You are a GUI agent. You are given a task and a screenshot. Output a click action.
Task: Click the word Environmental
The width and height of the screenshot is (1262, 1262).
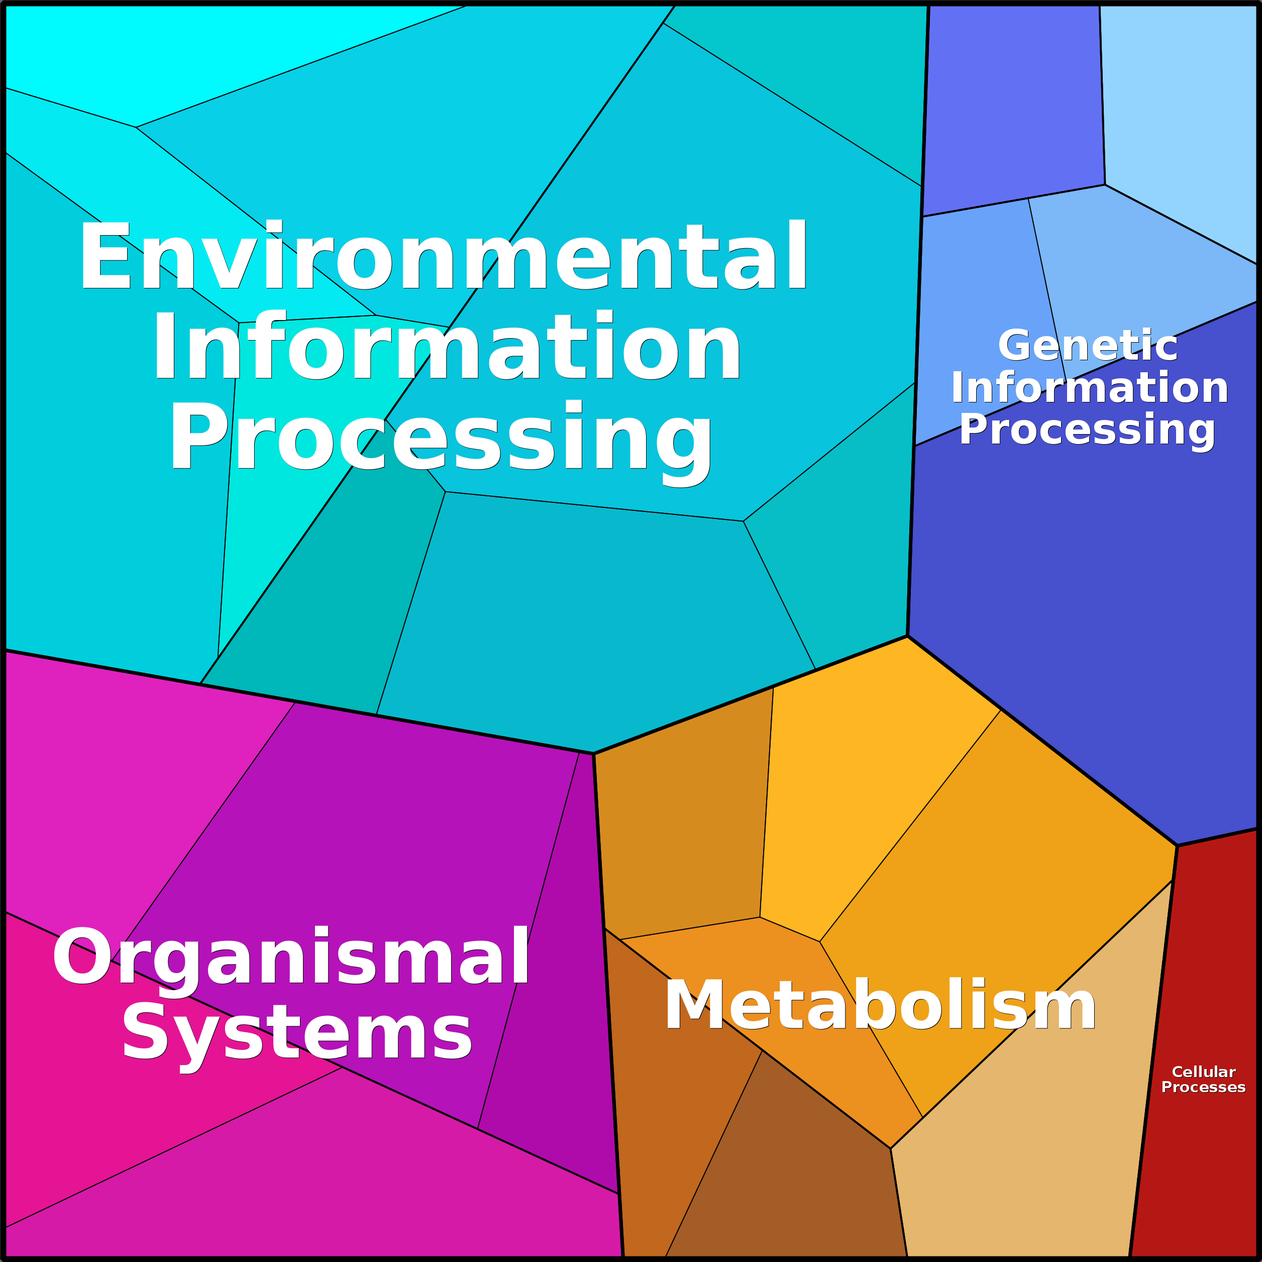(444, 256)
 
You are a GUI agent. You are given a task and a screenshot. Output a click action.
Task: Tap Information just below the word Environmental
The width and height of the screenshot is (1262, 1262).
(447, 346)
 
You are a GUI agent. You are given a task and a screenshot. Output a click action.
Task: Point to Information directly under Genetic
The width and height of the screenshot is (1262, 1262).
(1090, 387)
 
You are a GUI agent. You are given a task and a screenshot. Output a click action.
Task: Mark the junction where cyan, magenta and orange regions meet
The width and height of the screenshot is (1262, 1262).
(593, 754)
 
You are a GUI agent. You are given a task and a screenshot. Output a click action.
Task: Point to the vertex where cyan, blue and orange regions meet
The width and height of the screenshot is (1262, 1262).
(907, 636)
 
